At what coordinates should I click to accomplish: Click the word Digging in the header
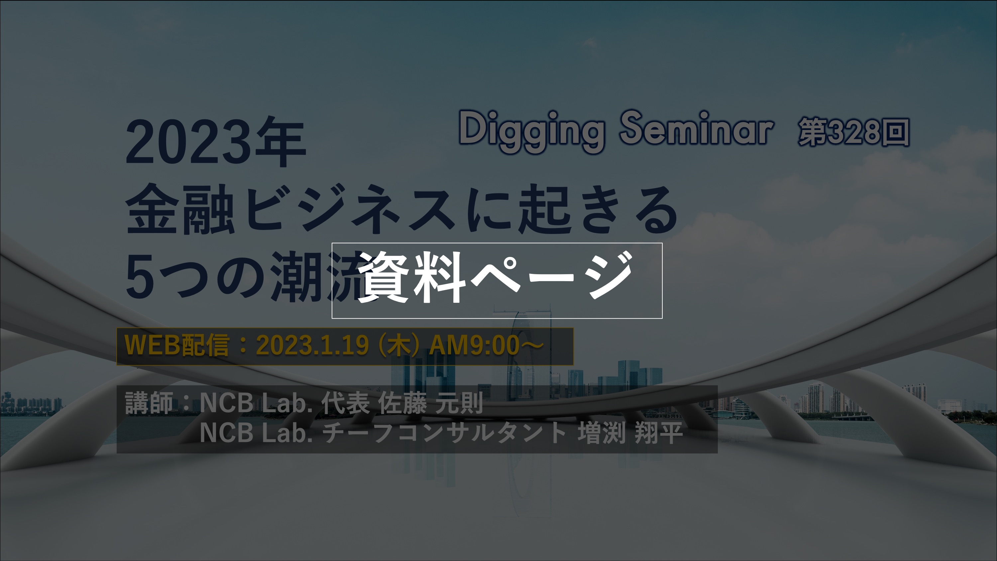coord(531,130)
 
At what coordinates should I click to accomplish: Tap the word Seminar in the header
coord(696,129)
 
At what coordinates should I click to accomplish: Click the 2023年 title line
coord(216,143)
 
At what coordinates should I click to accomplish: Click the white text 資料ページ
coord(495,278)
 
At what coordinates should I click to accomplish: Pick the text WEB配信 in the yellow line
coord(176,345)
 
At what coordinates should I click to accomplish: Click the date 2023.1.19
coord(312,345)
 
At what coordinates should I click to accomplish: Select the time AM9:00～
coord(486,345)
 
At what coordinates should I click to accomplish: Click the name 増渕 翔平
coord(630,433)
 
